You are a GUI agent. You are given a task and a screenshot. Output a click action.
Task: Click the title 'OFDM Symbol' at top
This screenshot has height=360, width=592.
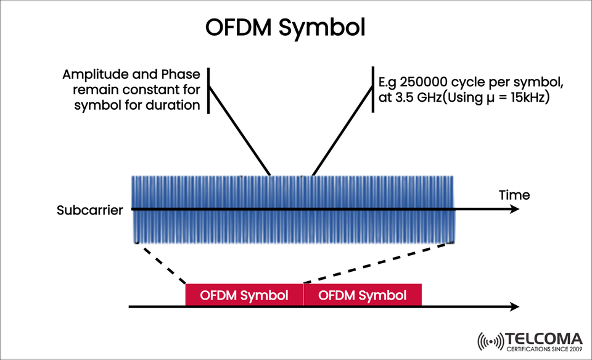click(285, 28)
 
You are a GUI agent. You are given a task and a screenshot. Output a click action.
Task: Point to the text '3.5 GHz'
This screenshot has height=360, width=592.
click(411, 97)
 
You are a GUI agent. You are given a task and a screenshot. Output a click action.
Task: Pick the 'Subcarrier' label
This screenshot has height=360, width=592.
click(89, 210)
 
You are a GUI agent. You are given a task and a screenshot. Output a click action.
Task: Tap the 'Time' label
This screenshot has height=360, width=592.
click(514, 195)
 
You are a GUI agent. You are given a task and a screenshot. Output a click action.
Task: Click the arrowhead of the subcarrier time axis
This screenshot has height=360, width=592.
click(514, 210)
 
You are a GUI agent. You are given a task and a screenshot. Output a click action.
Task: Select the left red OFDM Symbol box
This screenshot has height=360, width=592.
click(245, 295)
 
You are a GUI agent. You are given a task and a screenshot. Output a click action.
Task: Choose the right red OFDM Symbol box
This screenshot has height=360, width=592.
click(363, 295)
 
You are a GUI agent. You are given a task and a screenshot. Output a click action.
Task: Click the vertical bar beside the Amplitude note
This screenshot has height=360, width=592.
click(208, 91)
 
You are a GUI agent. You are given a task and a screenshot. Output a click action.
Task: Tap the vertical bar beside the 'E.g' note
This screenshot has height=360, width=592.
click(372, 91)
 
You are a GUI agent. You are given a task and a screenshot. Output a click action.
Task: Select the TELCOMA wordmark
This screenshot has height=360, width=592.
click(543, 339)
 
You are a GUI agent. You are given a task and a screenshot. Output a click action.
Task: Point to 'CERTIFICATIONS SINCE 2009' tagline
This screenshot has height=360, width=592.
click(543, 350)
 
